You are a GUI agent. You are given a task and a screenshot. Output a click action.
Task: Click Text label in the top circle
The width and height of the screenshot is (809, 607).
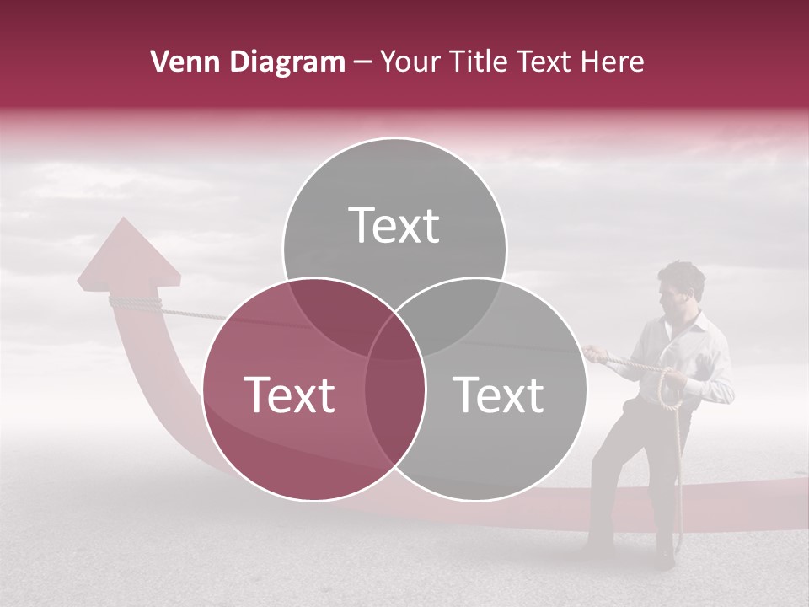point(394,225)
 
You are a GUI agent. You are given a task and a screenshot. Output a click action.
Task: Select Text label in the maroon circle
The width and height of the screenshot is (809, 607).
point(289,395)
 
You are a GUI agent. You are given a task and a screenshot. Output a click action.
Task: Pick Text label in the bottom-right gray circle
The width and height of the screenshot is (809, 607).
point(499,395)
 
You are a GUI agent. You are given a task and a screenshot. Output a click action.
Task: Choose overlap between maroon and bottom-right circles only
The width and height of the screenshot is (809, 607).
point(394,405)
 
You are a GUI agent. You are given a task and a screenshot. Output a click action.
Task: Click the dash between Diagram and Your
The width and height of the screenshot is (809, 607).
point(362,62)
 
